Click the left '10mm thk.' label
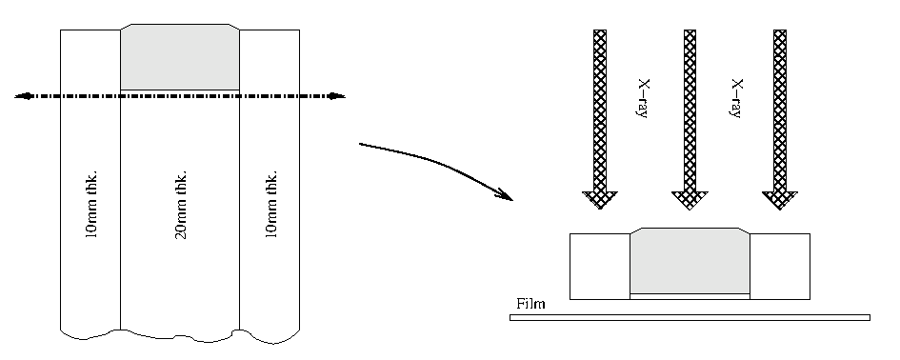pos(91,204)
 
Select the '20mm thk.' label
pos(180,204)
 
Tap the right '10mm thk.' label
pos(270,204)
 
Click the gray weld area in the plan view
pos(180,57)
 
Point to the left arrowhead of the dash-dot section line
pos(24,96)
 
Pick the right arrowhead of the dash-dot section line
pos(336,96)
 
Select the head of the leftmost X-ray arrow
pos(600,200)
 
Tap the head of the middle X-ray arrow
pos(690,200)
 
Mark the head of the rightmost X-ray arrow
pos(779,200)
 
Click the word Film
pos(530,304)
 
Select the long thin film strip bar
pos(690,317)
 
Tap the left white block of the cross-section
pos(600,267)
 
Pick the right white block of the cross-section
pos(780,267)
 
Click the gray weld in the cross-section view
pos(690,261)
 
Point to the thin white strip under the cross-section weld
pos(690,296)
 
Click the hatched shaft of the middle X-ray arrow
pos(690,110)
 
